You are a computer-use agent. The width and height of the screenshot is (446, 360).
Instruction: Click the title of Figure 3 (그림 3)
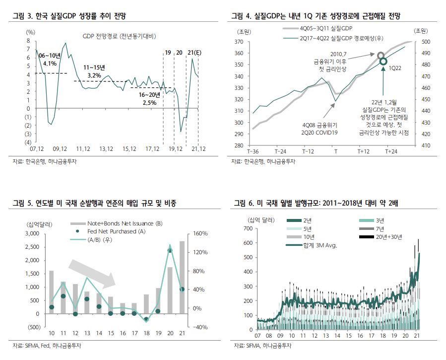pos(69,16)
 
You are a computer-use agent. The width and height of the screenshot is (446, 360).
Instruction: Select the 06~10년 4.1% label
pos(50,60)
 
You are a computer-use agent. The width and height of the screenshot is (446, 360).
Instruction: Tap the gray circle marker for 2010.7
pos(381,55)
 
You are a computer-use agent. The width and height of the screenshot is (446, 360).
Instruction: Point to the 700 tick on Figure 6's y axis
pos(249,228)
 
